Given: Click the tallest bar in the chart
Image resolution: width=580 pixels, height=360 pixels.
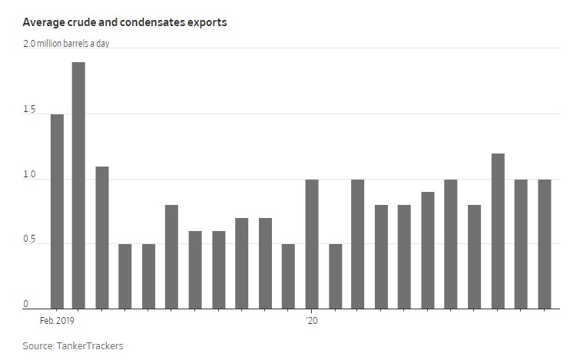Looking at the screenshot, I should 78,185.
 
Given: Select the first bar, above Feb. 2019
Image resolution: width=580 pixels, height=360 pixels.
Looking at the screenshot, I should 57,211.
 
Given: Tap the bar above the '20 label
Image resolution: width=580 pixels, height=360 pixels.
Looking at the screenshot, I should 311,243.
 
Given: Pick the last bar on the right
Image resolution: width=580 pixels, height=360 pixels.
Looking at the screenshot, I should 544,243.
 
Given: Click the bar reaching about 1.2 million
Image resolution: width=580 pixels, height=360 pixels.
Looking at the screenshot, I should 498,230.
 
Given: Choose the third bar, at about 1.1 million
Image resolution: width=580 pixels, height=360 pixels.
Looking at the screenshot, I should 102,237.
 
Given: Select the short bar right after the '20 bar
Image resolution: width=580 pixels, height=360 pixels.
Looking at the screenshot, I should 335,276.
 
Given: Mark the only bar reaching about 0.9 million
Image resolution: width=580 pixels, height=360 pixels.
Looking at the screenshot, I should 428,249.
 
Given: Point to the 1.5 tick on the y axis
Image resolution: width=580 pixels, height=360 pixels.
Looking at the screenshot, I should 30,109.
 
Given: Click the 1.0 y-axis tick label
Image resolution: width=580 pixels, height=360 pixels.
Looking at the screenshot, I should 30,174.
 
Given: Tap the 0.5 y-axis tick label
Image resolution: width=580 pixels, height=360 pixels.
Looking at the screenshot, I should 30,239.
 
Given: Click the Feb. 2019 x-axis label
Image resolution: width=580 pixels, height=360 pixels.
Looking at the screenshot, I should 58,319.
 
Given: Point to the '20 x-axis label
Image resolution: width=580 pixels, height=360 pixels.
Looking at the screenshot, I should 311,319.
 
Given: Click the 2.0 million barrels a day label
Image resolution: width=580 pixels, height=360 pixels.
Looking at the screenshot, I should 66,44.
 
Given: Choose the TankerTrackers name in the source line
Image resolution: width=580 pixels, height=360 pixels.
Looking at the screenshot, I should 91,345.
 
